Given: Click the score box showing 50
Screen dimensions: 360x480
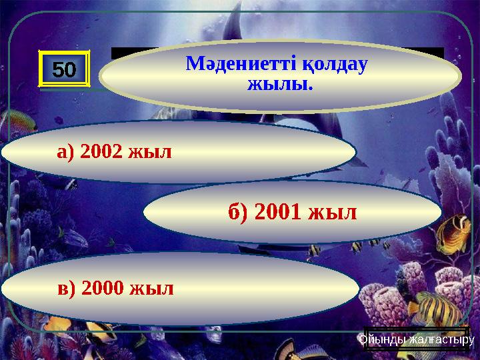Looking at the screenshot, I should tap(65, 68).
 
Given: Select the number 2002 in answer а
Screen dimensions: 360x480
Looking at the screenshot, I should tap(105, 152).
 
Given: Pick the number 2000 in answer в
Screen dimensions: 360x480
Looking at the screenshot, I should tap(105, 289).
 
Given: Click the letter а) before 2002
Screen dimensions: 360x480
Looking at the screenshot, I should tap(66, 153).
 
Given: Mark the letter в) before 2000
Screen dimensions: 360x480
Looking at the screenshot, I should tap(66, 289).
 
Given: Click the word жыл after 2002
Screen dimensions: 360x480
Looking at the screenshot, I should tap(153, 152).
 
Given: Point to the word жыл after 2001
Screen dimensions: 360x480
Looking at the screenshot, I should tap(333, 213).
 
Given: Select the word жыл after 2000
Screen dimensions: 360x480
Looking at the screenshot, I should tap(155, 289).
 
